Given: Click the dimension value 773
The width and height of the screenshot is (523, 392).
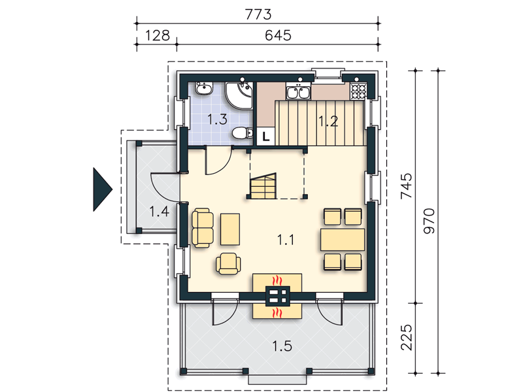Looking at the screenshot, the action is [x=258, y=14].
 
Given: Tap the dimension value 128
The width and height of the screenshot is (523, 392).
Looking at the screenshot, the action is [x=158, y=35].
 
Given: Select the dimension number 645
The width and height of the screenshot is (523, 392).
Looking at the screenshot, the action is [x=278, y=35].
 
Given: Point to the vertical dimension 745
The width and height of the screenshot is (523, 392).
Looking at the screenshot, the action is [x=406, y=186].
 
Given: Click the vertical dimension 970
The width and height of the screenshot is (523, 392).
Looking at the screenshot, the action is [x=429, y=221].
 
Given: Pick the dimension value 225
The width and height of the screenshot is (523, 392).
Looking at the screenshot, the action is [x=406, y=337].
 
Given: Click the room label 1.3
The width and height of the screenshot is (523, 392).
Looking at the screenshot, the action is [x=217, y=120].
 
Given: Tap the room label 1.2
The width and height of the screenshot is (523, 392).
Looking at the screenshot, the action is [x=328, y=122].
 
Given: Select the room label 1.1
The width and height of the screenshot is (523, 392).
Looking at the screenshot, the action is [x=286, y=240].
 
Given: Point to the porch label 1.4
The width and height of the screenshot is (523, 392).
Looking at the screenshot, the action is [x=159, y=212].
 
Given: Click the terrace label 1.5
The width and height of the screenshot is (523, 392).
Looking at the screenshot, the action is [x=282, y=346].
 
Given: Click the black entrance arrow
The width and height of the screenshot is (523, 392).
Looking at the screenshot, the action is [x=103, y=189].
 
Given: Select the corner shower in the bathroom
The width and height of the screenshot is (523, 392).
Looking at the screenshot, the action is [x=239, y=95].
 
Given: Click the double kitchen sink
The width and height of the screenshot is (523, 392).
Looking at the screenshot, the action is [x=298, y=92].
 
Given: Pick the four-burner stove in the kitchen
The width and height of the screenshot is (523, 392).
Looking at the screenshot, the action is [x=358, y=91].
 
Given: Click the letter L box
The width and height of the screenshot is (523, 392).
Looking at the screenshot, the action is [x=266, y=137].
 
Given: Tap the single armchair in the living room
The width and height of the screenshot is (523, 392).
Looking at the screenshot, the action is [x=228, y=264].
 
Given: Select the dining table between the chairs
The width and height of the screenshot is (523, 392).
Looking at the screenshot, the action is [x=343, y=239].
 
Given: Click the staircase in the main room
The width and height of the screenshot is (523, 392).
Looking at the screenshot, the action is [x=264, y=186].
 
